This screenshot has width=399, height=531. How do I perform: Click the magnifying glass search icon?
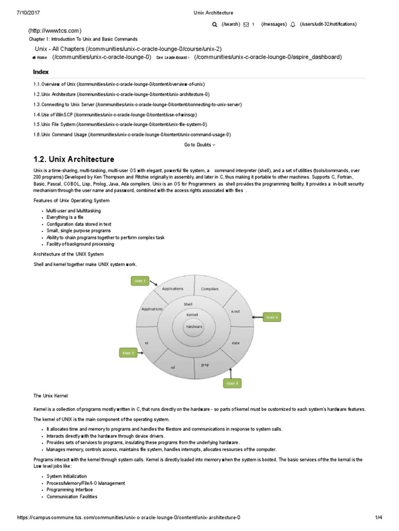click(215, 24)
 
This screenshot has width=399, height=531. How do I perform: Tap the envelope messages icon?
click(246, 24)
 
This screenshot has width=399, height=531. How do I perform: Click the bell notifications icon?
click(292, 24)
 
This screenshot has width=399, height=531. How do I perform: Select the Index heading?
click(41, 72)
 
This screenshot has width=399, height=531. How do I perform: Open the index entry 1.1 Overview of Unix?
click(119, 84)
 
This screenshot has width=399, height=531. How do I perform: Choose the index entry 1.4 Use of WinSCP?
click(115, 115)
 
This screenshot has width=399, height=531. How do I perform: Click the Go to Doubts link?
click(199, 145)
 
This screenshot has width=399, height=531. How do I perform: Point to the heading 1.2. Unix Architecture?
click(74, 159)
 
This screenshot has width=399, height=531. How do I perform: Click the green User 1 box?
click(140, 281)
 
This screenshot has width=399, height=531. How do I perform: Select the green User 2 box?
click(128, 353)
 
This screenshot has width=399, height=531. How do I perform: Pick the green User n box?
click(272, 317)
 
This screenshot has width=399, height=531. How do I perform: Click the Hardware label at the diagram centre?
click(194, 327)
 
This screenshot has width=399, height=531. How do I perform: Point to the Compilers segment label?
click(209, 289)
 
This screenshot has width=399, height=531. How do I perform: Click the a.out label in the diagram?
click(235, 311)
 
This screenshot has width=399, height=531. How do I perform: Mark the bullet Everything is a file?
click(64, 217)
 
